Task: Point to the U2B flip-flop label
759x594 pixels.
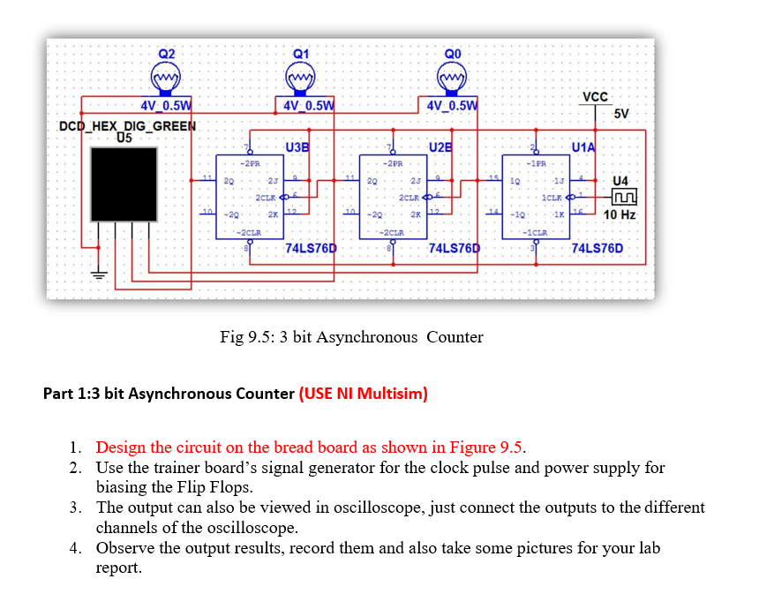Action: [x=440, y=146]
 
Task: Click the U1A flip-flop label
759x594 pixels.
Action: [x=584, y=146]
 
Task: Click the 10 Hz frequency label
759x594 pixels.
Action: [x=620, y=214]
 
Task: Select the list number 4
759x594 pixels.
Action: [x=75, y=548]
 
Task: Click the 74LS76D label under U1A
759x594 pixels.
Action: [x=597, y=248]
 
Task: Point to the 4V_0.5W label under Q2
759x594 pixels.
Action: [x=167, y=107]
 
